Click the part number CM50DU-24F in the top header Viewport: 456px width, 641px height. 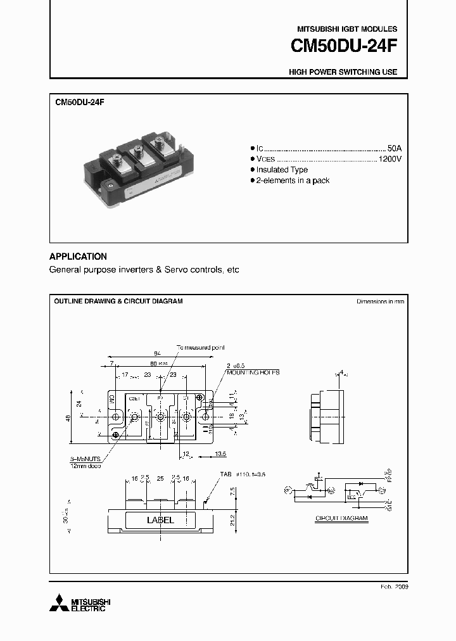[x=344, y=47]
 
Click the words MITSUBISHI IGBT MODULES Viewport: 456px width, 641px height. [x=347, y=29]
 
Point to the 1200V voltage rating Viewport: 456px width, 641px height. [x=389, y=158]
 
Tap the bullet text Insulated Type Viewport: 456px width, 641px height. [x=282, y=170]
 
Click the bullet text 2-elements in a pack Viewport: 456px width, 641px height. [x=293, y=181]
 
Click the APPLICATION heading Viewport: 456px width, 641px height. [x=78, y=257]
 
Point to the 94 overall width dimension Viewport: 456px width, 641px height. [x=156, y=353]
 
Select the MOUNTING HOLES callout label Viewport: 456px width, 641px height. [x=253, y=373]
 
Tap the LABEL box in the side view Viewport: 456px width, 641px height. [x=160, y=520]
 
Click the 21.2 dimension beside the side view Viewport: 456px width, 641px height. [x=233, y=520]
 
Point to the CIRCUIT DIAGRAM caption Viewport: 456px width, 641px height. [x=341, y=518]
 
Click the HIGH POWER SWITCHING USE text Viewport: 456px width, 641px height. [x=343, y=72]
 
